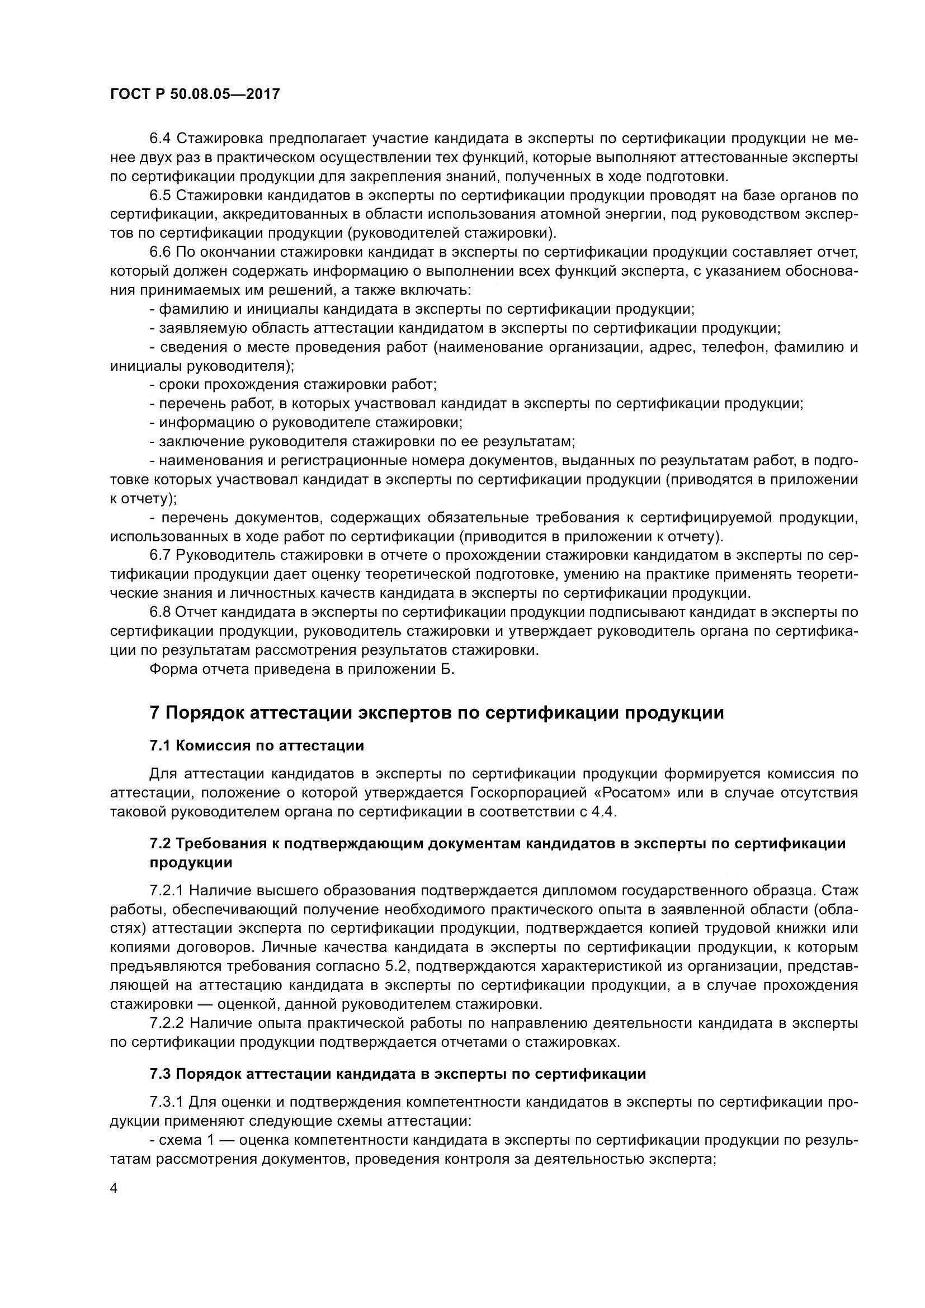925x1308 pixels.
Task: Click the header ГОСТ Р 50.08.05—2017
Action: coord(195,94)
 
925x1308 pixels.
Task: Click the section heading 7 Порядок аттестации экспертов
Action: coord(436,712)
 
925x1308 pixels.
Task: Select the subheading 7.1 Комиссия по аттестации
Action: coord(256,746)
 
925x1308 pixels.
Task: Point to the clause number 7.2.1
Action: coord(166,890)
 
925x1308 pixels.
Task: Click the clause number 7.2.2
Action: coord(166,1023)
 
